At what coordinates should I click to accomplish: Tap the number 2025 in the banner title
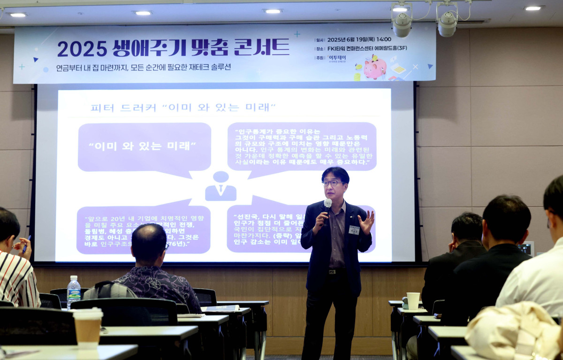coord(82,48)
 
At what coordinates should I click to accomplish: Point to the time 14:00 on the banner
coord(383,39)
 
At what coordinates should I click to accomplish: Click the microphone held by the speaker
coord(327,204)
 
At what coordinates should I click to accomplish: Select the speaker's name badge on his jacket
coord(354,230)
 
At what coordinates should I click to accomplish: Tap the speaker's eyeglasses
coord(332,183)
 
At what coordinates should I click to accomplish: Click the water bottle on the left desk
coord(74,291)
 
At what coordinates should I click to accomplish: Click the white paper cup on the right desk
coord(413,301)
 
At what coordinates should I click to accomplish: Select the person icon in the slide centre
coord(221,186)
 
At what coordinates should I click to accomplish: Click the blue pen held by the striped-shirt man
coord(26,245)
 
